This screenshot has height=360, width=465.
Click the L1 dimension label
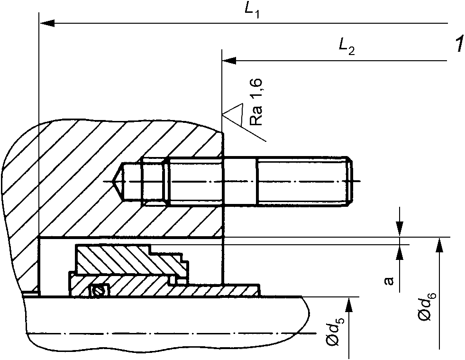[x=252, y=11]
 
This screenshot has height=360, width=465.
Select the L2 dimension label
[x=346, y=47]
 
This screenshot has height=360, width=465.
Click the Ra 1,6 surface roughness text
[x=256, y=102]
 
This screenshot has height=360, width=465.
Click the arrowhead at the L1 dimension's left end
[x=47, y=23]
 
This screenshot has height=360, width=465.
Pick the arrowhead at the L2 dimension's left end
[x=229, y=61]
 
